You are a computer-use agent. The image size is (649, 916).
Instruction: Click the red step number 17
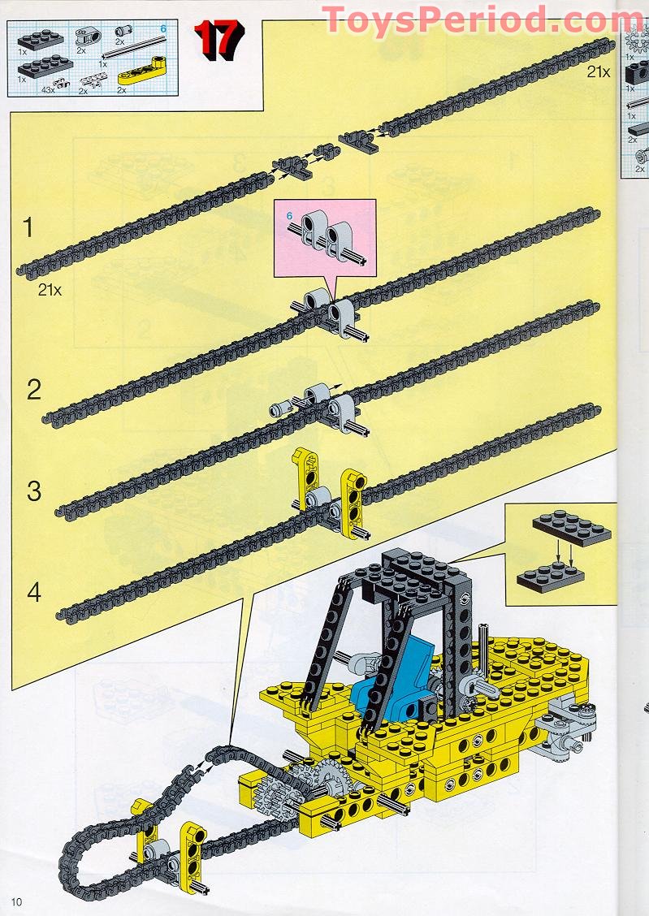point(218,38)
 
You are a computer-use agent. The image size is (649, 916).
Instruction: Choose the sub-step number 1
point(28,228)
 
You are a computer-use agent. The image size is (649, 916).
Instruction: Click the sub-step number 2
point(33,390)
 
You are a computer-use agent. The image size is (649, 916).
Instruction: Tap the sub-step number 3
point(33,491)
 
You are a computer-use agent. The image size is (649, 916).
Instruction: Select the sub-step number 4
point(33,592)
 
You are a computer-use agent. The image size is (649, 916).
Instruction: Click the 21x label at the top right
point(599,71)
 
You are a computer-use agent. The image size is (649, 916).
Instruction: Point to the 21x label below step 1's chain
point(50,289)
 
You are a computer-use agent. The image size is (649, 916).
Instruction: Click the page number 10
point(18,901)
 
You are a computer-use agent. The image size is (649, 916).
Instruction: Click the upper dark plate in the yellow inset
point(572,528)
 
